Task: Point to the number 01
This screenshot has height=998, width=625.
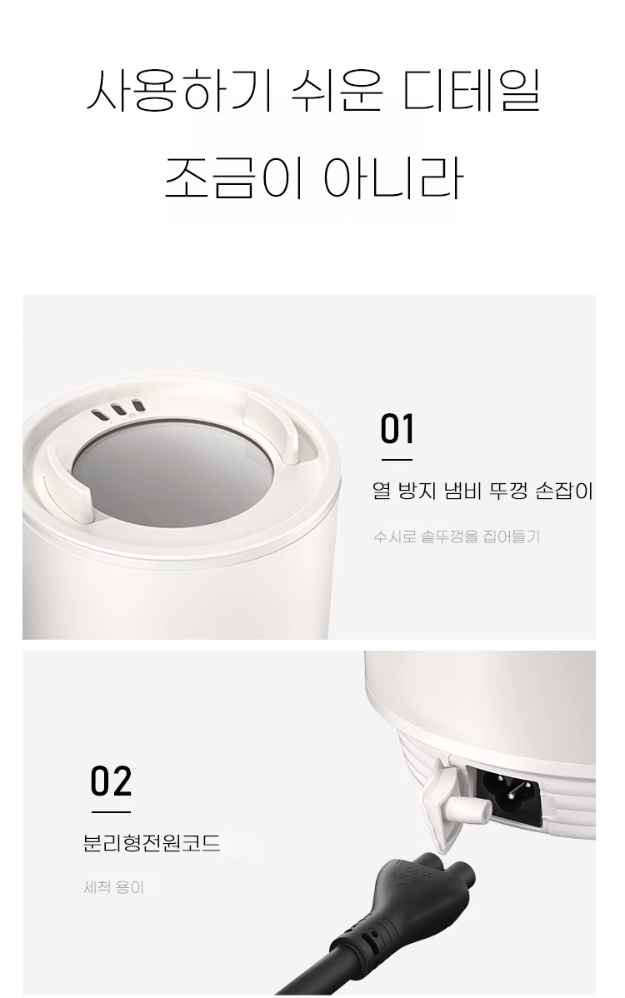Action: tap(397, 429)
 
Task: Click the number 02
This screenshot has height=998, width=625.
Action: tap(111, 782)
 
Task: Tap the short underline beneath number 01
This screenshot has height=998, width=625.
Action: tap(397, 459)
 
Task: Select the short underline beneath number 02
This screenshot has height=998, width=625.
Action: tap(110, 811)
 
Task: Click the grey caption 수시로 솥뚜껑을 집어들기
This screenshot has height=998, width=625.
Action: tap(457, 536)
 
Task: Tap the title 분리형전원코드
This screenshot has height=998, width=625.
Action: tap(152, 843)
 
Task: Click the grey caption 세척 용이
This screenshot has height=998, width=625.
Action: tap(114, 888)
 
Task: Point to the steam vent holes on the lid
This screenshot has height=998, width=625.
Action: tap(117, 411)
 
